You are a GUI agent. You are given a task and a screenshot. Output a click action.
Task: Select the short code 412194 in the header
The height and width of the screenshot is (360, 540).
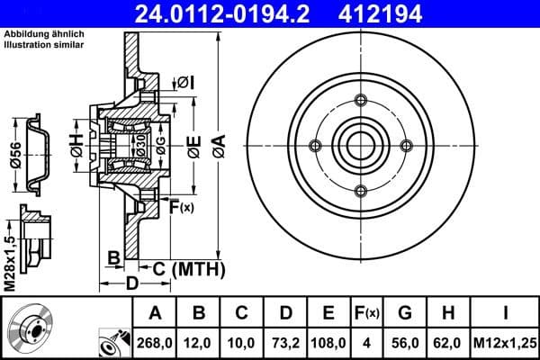[402, 13]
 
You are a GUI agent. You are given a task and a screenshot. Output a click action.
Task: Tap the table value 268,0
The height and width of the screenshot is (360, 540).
[154, 343]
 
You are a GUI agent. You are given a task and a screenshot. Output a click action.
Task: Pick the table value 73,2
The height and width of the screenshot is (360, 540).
[285, 343]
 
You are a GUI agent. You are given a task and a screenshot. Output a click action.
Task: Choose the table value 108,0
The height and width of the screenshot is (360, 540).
[329, 343]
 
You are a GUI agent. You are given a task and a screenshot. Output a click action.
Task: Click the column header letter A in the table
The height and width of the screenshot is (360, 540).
[154, 313]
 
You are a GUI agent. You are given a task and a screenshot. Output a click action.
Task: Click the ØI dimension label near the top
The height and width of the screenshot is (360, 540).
[185, 83]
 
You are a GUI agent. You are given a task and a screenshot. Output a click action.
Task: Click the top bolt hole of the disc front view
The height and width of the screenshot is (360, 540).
[360, 100]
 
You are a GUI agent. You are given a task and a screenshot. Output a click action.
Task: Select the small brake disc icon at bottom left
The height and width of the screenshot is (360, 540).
[31, 328]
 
